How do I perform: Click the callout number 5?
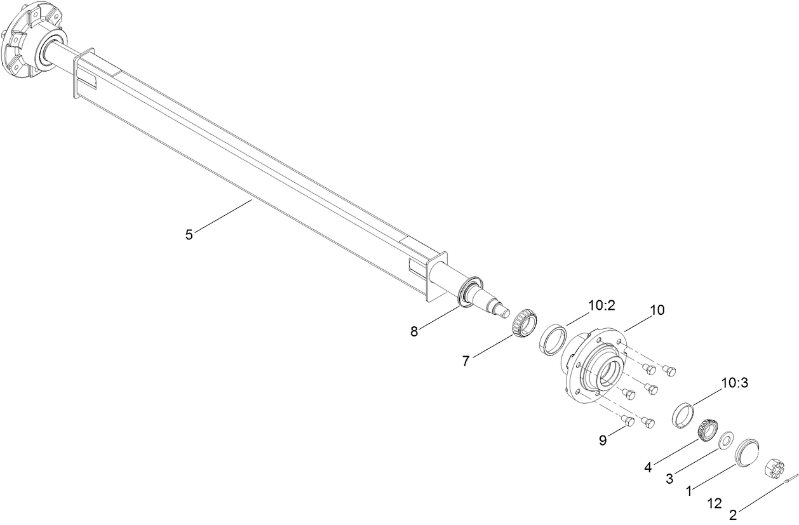click(x=189, y=234)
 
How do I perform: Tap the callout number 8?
click(x=414, y=331)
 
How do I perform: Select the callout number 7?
click(x=466, y=361)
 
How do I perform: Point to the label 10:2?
click(x=601, y=305)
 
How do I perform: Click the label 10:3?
click(x=734, y=383)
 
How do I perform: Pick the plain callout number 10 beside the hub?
click(x=657, y=310)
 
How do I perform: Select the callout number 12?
click(x=715, y=503)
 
